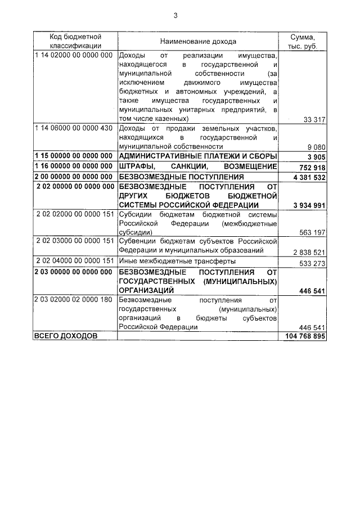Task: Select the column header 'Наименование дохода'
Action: pyautogui.click(x=198, y=42)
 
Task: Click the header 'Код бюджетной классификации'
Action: pyautogui.click(x=75, y=42)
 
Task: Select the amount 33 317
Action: pyautogui.click(x=314, y=119)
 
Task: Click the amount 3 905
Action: pyautogui.click(x=316, y=156)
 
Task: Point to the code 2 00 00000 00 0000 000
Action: pyautogui.click(x=74, y=176)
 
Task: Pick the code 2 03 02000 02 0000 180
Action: pyautogui.click(x=74, y=300)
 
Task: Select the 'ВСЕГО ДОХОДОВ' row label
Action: pyautogui.click(x=66, y=336)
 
